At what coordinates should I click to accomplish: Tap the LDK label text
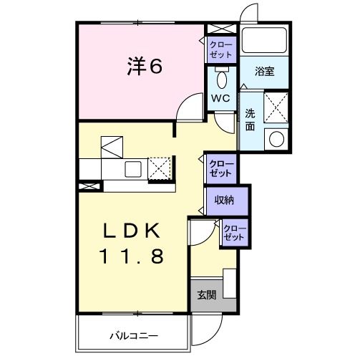coord(132,231)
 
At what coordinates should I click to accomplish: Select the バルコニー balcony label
coord(133,334)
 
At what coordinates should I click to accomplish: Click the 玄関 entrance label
coord(207,294)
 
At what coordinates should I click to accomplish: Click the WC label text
coord(219,100)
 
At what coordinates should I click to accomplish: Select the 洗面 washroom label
coord(250,119)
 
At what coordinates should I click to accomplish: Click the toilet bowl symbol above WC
coord(220,78)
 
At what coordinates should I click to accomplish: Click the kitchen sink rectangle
coord(133,169)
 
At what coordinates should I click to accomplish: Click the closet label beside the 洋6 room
coord(219,49)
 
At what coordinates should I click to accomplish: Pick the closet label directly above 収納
coord(220,169)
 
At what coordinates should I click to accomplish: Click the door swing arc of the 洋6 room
coord(187,107)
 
